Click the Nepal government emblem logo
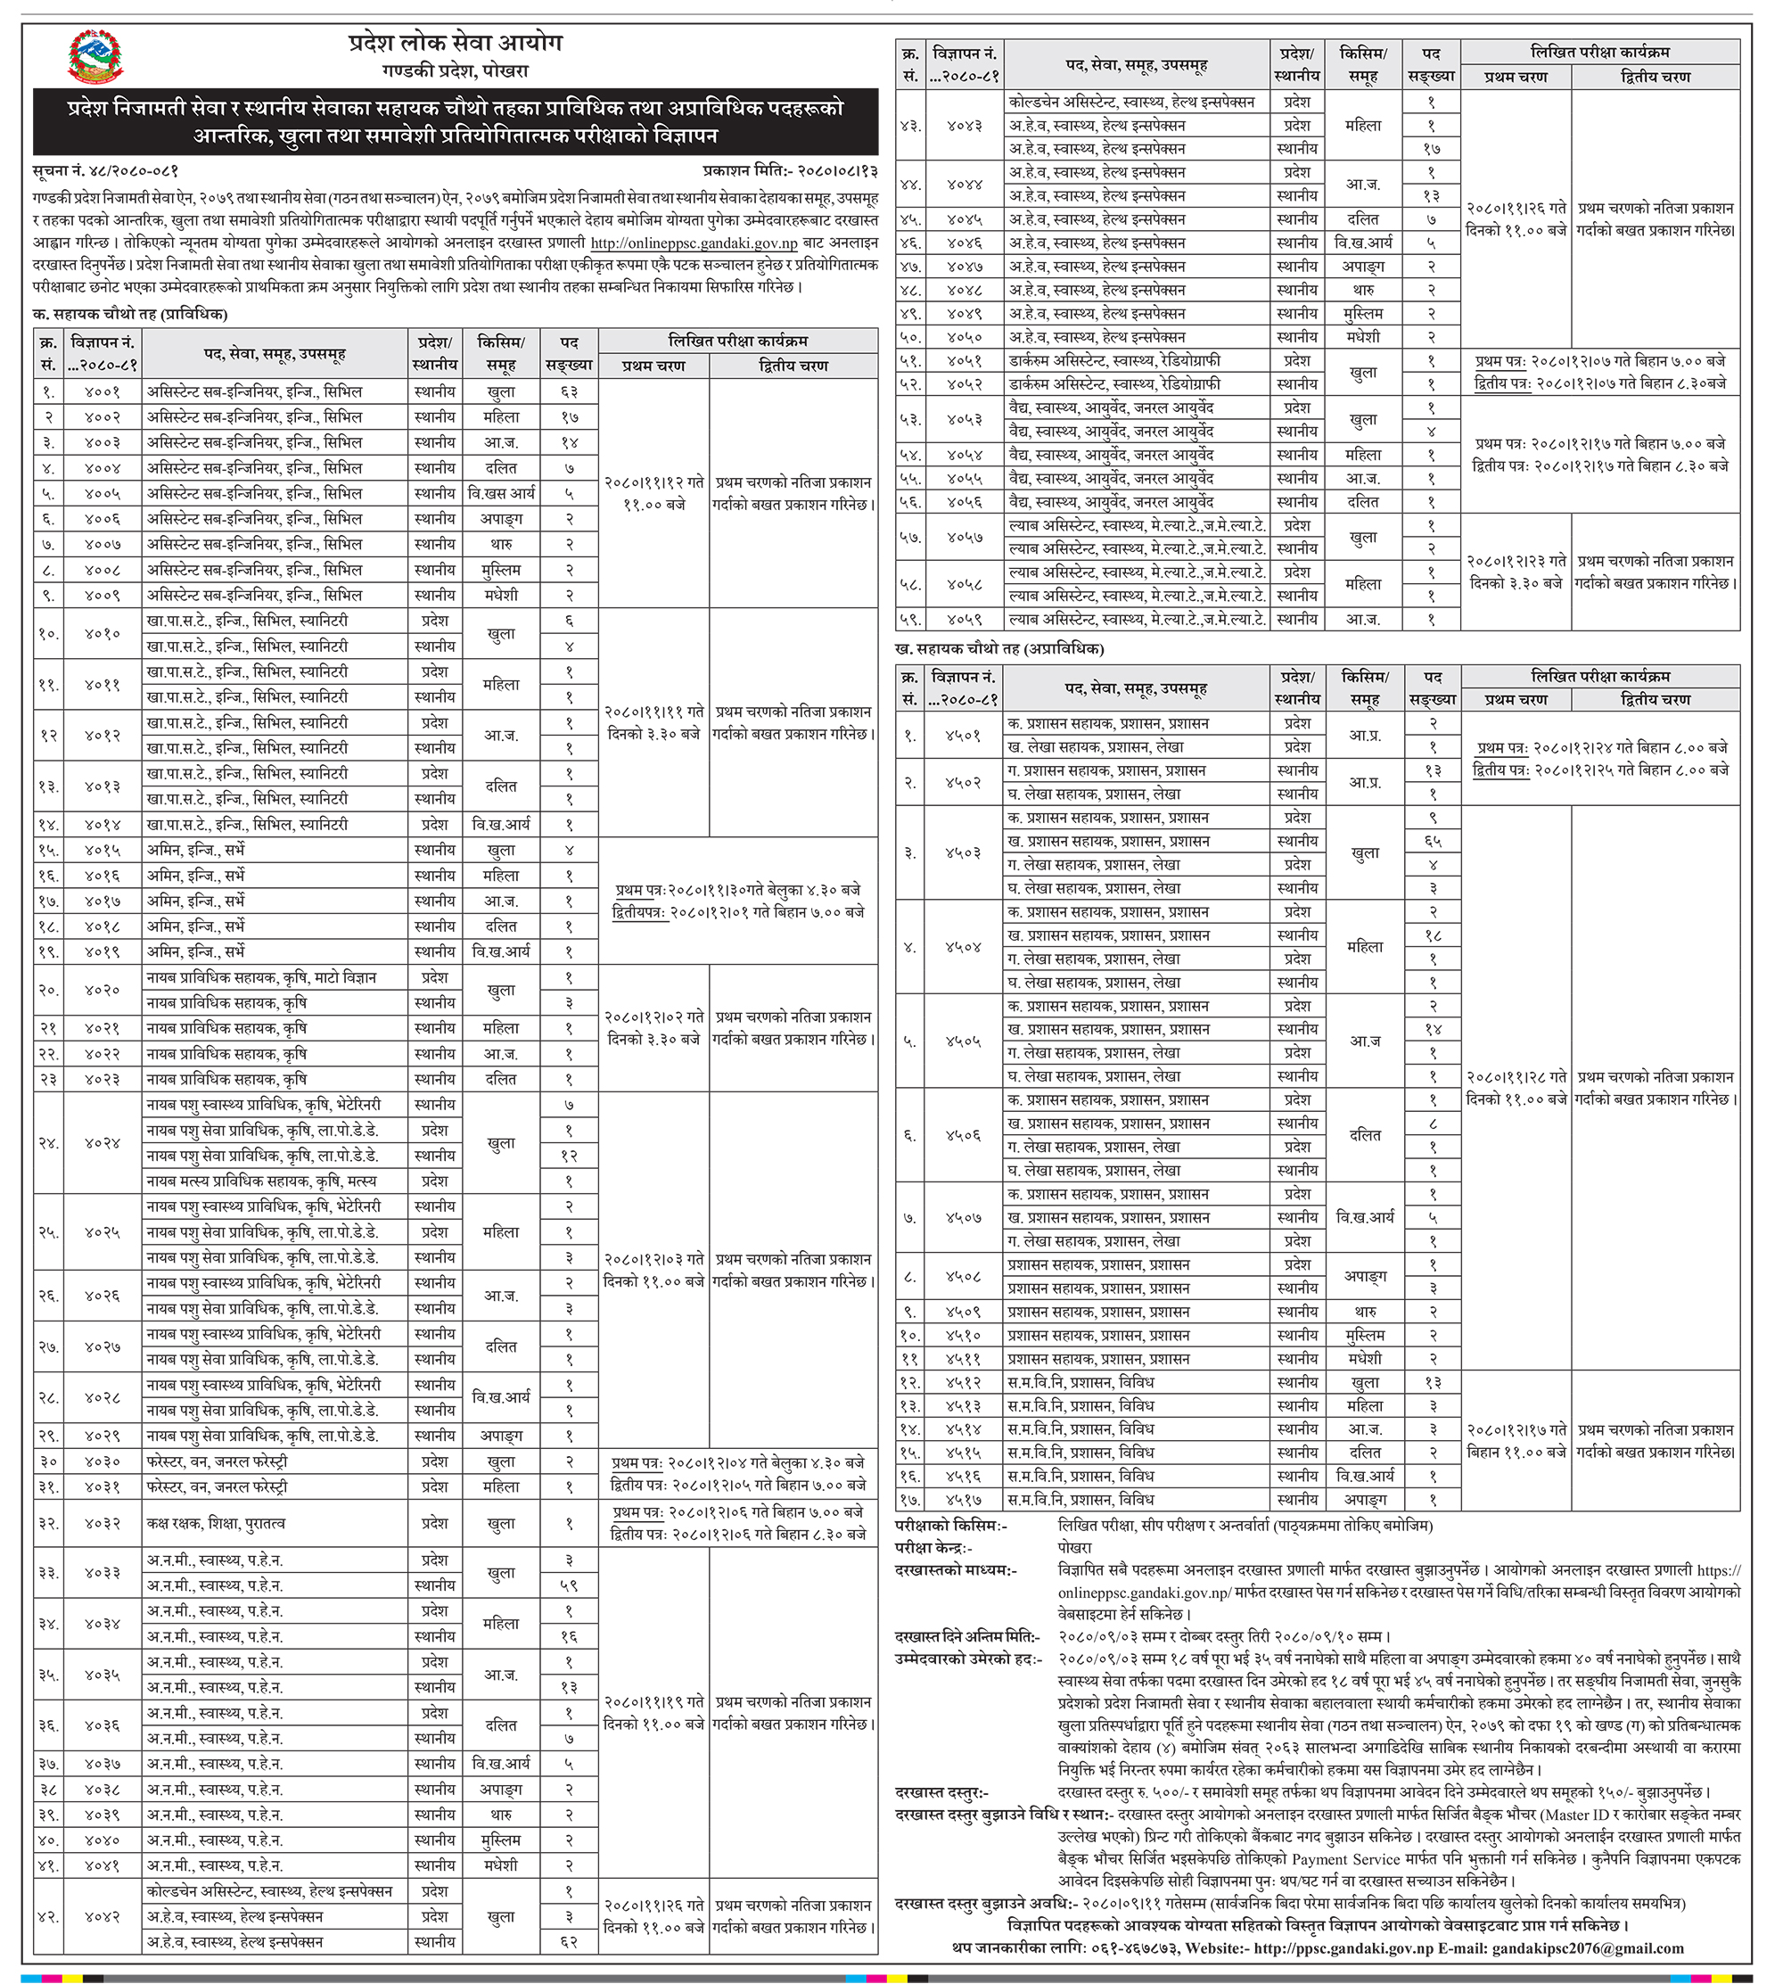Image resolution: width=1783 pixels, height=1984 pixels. point(95,57)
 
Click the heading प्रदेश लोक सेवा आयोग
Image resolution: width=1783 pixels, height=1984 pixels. point(456,43)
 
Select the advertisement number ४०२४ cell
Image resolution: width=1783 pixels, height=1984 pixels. point(102,1143)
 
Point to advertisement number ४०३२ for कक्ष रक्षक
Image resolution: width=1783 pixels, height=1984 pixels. point(102,1525)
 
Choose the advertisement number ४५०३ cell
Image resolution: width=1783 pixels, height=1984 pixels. point(964,853)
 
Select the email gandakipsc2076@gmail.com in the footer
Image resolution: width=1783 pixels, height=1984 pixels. point(1588,1948)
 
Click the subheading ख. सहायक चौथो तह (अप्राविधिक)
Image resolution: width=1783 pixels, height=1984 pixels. point(999,648)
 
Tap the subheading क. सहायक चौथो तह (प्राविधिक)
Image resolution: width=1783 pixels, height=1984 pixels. point(130,315)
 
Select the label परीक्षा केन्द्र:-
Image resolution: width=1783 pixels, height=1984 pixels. point(933,1548)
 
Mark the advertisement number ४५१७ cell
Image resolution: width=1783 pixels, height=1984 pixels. point(964,1500)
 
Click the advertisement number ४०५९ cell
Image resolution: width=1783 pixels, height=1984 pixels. point(964,619)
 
